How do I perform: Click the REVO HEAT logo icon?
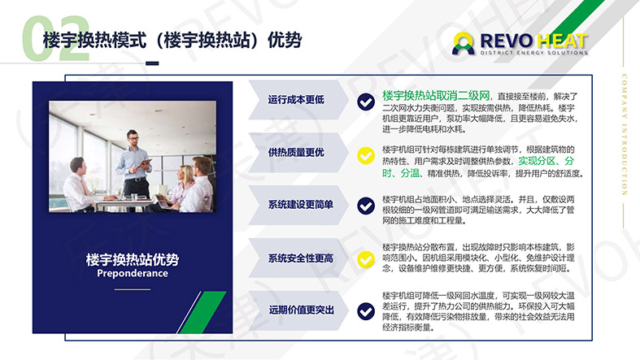[x=464, y=43]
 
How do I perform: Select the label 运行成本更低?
[x=296, y=100]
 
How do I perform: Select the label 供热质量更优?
[x=296, y=152]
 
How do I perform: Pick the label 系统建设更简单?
[x=301, y=204]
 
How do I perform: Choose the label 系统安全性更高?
[x=301, y=258]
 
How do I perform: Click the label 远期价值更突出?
[x=301, y=310]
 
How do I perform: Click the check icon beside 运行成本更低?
[x=366, y=100]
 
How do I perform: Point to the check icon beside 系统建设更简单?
[x=366, y=205]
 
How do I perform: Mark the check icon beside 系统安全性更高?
[x=366, y=258]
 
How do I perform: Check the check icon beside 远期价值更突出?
[x=366, y=310]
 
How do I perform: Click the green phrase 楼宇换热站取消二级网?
[x=436, y=95]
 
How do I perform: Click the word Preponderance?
[x=132, y=273]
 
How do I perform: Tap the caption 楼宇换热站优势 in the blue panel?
[x=132, y=259]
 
